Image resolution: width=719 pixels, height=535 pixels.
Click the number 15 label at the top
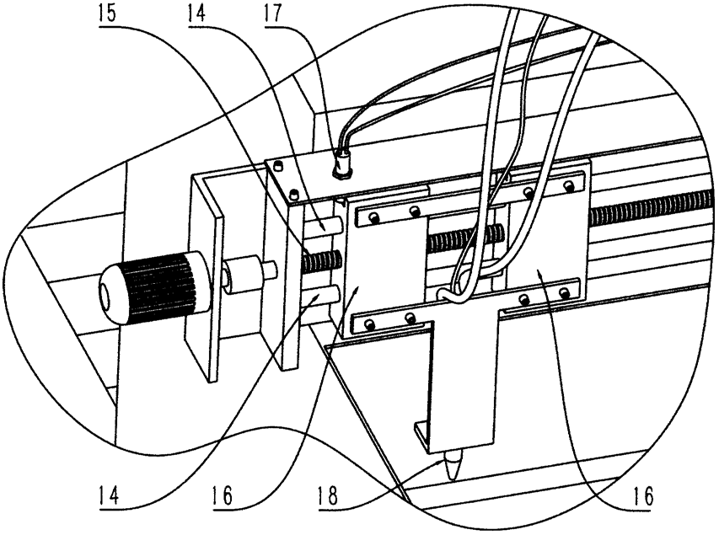[x=105, y=13]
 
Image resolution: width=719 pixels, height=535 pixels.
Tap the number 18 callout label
[x=328, y=495]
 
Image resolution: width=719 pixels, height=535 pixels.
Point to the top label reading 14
[x=196, y=13]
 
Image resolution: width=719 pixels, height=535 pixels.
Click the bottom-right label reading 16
[x=642, y=495]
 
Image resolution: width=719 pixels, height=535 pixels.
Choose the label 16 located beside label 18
[x=222, y=495]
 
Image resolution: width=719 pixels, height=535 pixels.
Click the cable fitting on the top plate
[x=342, y=164]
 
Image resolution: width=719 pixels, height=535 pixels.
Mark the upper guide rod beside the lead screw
[x=325, y=225]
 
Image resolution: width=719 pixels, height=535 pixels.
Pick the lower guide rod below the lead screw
[x=321, y=293]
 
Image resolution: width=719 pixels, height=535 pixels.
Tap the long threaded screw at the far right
[x=651, y=209]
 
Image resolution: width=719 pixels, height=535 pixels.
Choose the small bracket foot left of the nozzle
[x=423, y=432]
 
